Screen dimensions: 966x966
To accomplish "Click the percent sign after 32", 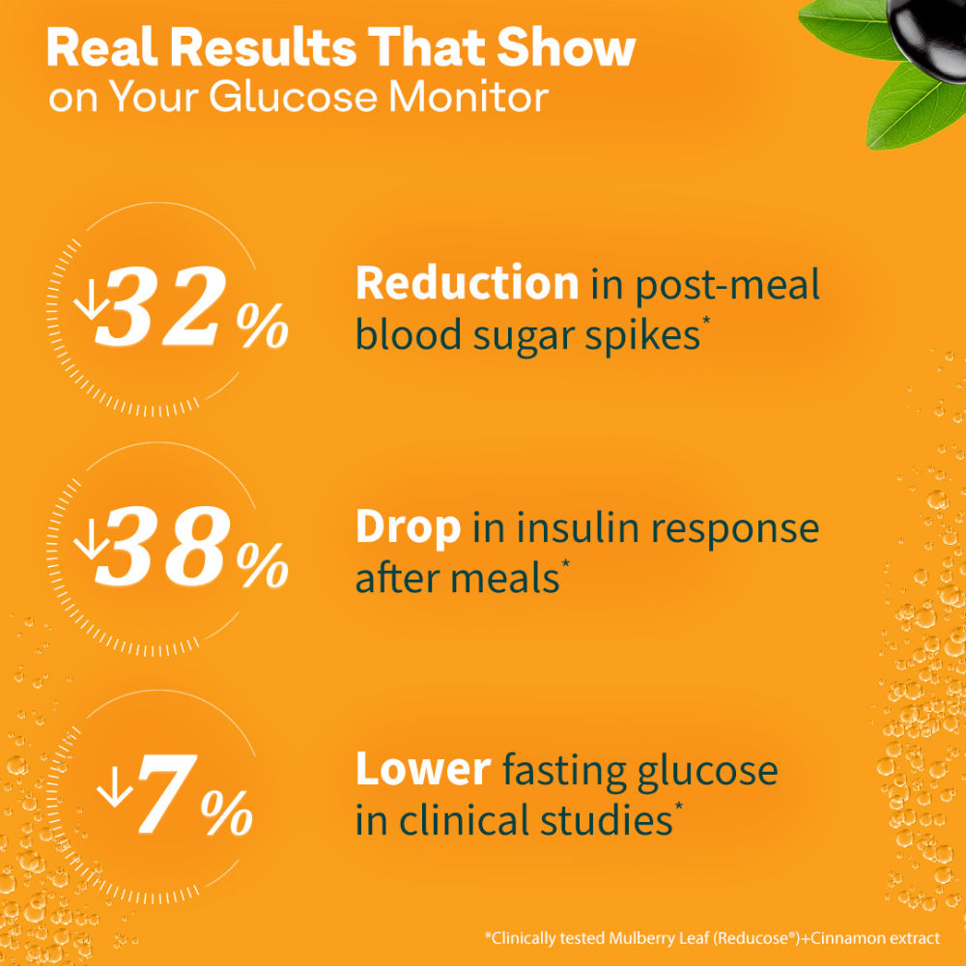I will click(x=262, y=328).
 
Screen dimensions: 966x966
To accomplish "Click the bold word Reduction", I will click(x=467, y=284).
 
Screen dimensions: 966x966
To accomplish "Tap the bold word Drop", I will click(x=408, y=527).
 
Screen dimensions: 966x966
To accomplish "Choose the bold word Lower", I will click(x=423, y=770).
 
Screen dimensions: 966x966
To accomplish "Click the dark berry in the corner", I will click(x=933, y=23).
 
